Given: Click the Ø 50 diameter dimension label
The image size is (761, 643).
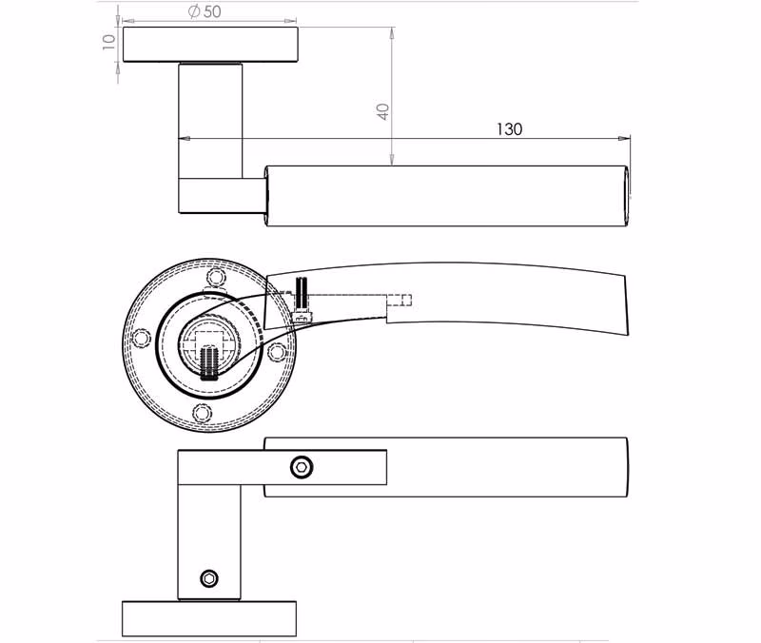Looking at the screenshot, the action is pos(205,11).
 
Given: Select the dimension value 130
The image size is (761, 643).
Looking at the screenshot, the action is pos(509,129).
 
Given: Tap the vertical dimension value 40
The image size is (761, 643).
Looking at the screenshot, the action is pos(383,111).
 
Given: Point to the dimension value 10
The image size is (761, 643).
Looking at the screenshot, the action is pos(108,42).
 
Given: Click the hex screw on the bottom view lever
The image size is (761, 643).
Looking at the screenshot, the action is pos(302,467).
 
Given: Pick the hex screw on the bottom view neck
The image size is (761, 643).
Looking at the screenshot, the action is pos(209,578).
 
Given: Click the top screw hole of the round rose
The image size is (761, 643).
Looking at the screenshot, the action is pos(216,278).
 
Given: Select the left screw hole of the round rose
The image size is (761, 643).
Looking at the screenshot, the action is pos(141,338).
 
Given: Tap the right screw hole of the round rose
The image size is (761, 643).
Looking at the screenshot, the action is pos(277,352).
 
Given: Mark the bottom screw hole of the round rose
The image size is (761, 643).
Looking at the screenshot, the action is pos(203,413).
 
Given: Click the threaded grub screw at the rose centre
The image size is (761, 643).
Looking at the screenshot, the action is pos(209,362).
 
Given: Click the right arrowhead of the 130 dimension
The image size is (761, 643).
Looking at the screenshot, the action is pos(624,139).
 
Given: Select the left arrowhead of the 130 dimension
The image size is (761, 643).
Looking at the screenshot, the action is pos(185,139).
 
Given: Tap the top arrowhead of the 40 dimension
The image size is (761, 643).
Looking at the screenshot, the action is pos(392,33).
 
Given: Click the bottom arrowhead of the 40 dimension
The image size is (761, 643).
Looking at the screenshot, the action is pos(392,160).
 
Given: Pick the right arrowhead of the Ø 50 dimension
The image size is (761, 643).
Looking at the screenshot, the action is pos(290,21).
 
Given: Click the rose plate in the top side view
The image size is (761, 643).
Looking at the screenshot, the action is pos(210,45).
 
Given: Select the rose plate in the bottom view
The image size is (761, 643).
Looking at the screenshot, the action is pos(209,618).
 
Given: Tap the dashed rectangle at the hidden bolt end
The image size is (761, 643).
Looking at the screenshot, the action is pos(400,301).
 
